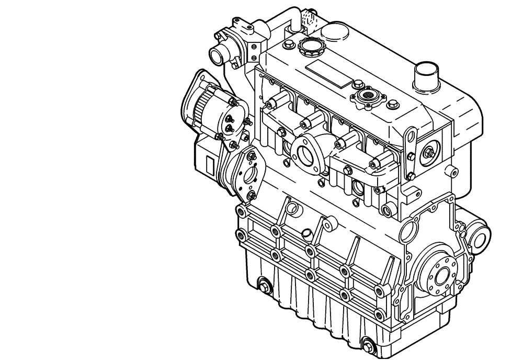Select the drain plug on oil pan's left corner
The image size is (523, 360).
[x=264, y=286]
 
